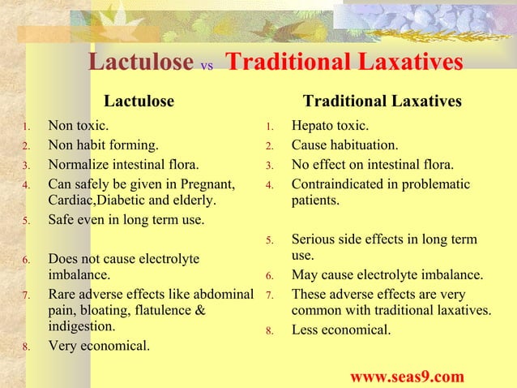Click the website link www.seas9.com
(407, 377)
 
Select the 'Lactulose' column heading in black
(139, 101)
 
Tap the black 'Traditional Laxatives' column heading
(382, 101)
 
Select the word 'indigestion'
(81, 328)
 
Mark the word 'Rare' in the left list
(62, 293)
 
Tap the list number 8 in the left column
(26, 348)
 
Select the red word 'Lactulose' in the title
(139, 63)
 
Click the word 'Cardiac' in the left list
(71, 200)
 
